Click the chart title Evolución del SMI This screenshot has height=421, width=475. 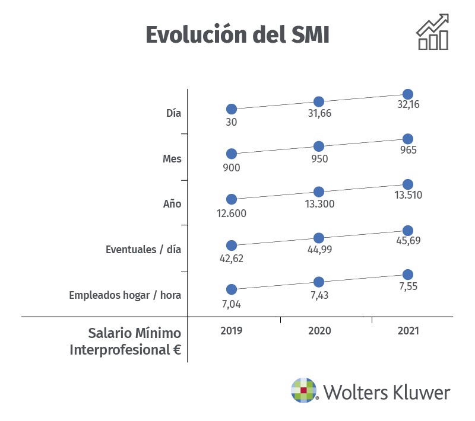237,34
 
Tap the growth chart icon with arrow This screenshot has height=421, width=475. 433,33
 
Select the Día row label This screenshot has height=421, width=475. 174,113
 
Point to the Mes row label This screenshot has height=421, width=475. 172,158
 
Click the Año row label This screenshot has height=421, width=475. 172,204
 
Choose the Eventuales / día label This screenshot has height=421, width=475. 143,249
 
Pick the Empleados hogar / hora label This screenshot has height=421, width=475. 125,295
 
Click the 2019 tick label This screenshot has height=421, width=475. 232,330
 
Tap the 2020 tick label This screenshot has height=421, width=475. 319,330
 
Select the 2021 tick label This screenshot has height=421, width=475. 407,330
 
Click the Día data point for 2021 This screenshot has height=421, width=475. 408,94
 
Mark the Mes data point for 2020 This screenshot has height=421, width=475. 319,146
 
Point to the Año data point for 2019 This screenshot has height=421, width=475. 232,199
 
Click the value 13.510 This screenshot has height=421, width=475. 407,196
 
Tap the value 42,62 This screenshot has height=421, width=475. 232,258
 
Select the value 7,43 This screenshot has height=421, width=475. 319,295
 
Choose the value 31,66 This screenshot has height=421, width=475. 319,114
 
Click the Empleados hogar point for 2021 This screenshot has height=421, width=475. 408,274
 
